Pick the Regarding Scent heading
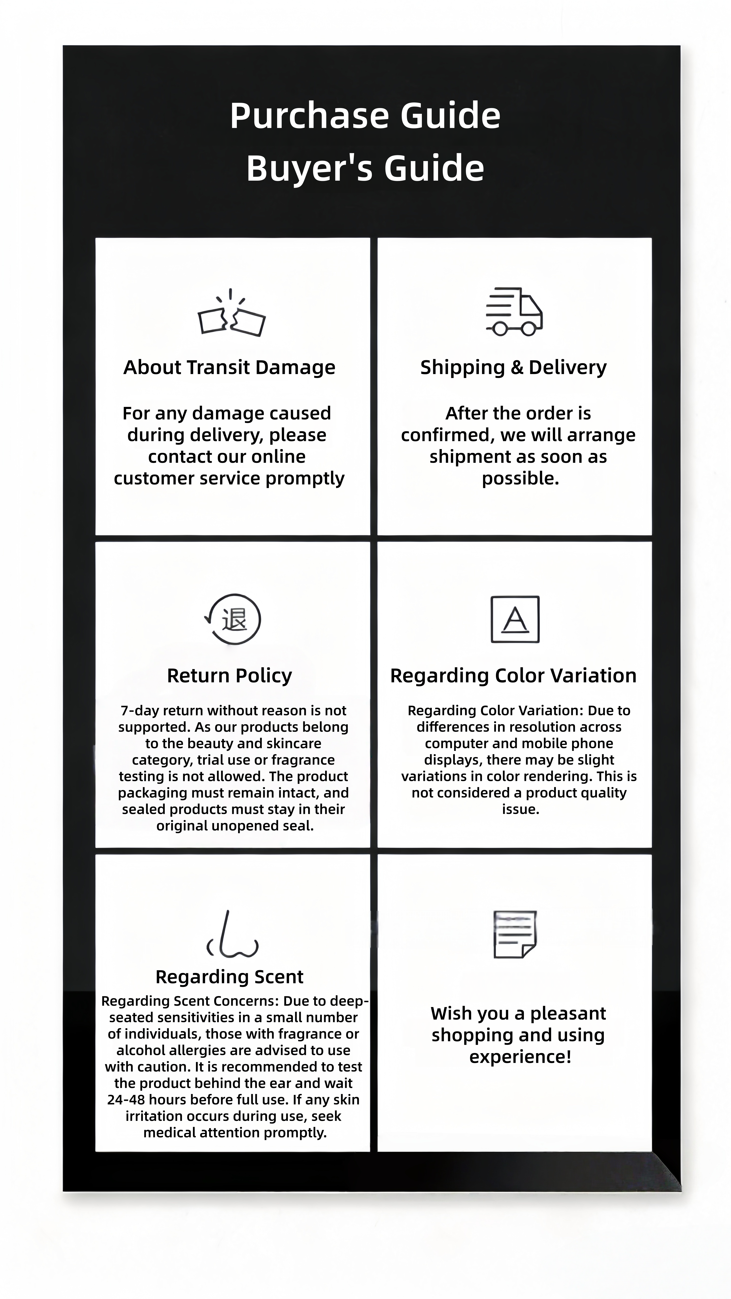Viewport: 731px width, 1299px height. click(229, 977)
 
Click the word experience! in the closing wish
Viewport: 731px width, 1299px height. click(520, 1056)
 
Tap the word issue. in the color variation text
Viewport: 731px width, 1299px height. click(520, 809)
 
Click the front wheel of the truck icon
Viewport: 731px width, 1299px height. click(529, 329)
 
